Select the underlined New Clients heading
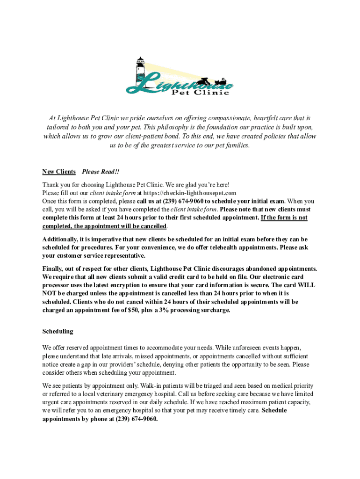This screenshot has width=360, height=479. tap(59, 172)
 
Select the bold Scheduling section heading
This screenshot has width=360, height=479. tap(58, 331)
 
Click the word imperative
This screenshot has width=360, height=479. tap(101, 239)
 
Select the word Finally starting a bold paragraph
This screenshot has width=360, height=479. tap(54, 269)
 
